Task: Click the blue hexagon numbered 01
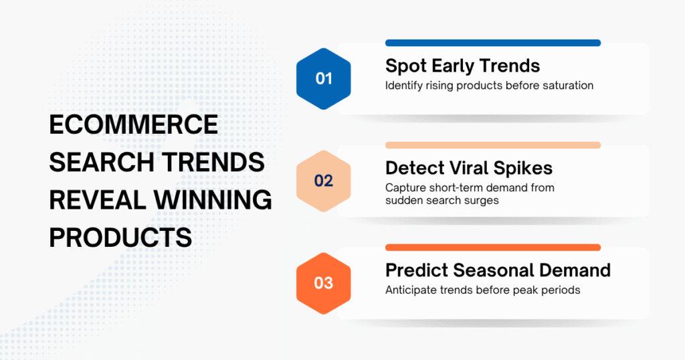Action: coord(324,79)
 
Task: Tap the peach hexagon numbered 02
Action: coord(324,181)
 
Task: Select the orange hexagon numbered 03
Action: coord(324,283)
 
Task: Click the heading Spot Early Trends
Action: coord(462,66)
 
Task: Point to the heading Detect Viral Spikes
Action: coord(469,167)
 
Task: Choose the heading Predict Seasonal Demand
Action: coord(498,270)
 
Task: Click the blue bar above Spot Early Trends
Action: coord(492,43)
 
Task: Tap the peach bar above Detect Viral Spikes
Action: coord(492,145)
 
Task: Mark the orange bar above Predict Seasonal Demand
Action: coord(492,248)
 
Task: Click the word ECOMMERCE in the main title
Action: coord(134,124)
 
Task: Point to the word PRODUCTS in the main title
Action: coord(120,237)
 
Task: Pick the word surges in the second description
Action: coord(482,201)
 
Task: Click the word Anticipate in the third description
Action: coord(411,290)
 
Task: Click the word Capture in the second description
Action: coord(405,188)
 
